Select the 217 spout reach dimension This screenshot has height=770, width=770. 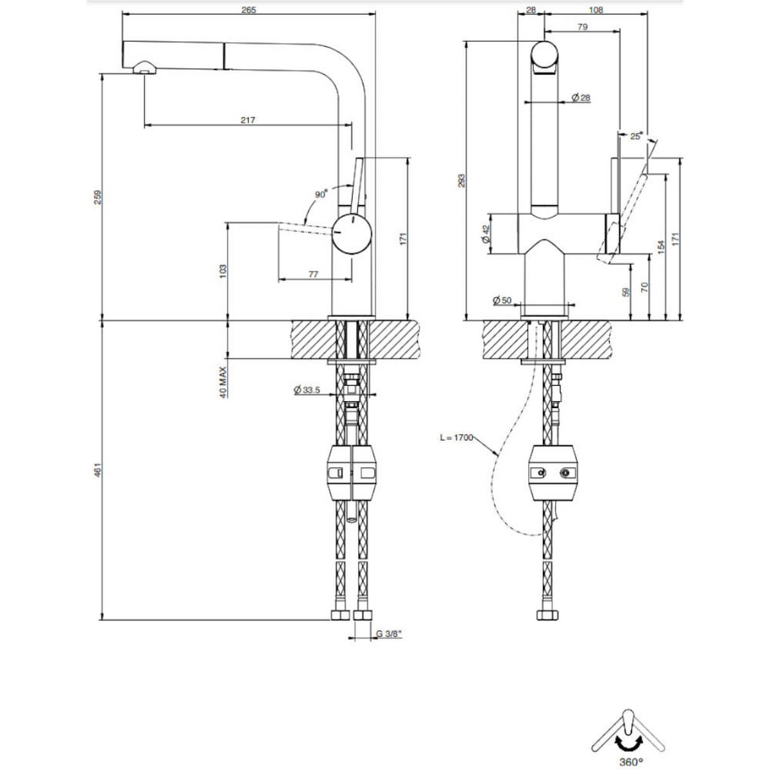click(x=248, y=119)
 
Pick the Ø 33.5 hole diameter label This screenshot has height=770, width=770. click(x=306, y=389)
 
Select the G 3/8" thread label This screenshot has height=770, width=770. click(x=388, y=633)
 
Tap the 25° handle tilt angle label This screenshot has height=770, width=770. click(x=636, y=136)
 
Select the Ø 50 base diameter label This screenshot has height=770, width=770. click(x=502, y=300)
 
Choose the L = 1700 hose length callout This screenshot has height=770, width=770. click(x=456, y=438)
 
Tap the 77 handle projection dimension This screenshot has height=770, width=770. click(x=313, y=274)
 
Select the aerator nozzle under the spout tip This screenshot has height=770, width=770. click(x=144, y=67)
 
